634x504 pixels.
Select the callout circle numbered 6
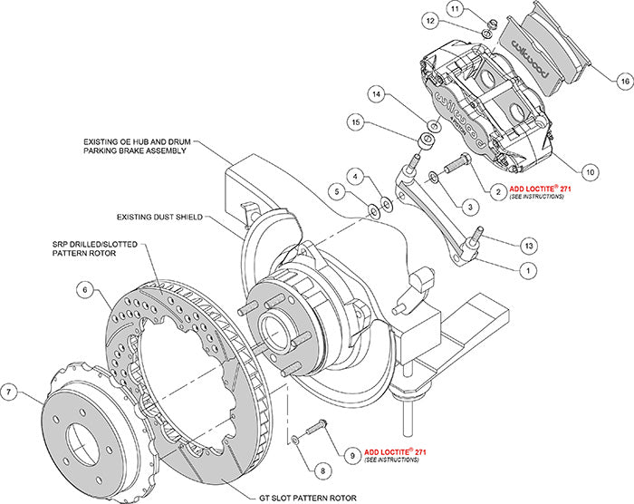coord(83,289)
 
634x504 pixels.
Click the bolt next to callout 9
coord(316,426)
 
